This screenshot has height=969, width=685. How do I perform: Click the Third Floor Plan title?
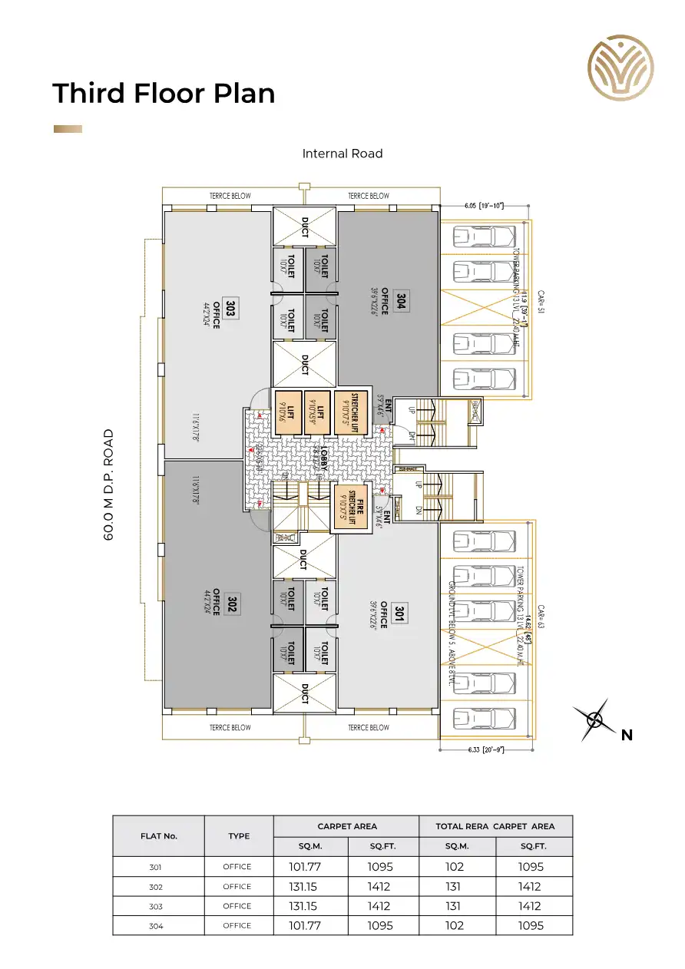click(x=164, y=93)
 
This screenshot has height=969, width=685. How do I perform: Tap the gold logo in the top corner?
click(x=620, y=68)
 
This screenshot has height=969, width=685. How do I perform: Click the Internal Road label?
click(x=342, y=154)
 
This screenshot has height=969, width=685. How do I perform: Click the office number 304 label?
click(x=400, y=301)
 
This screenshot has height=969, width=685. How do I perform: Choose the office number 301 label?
click(x=399, y=612)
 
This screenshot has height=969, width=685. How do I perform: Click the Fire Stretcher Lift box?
click(x=349, y=507)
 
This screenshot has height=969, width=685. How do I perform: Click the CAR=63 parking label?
click(x=541, y=617)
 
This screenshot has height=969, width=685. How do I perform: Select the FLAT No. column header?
click(x=159, y=836)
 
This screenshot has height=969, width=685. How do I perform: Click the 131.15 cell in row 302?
click(x=310, y=886)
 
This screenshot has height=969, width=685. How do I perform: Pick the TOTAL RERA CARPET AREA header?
click(x=495, y=826)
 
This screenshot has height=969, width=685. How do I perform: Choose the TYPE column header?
click(x=239, y=836)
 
